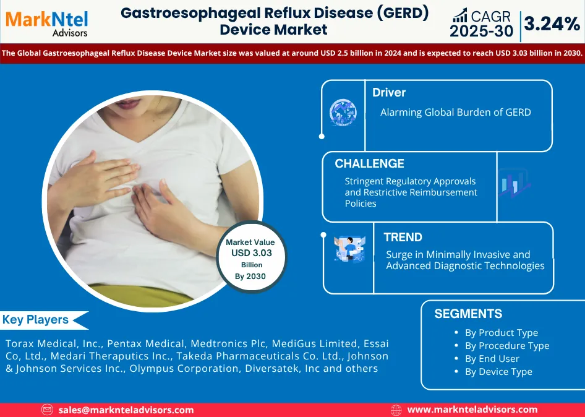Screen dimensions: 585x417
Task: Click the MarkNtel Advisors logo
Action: tap(46, 23)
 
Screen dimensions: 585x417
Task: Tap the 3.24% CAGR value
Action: tap(552, 24)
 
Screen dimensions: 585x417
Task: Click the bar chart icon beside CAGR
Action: tap(460, 15)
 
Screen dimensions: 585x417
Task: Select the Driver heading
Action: tap(389, 92)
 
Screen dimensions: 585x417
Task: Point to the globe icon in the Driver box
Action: tap(343, 113)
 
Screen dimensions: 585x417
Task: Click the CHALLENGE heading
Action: tap(369, 163)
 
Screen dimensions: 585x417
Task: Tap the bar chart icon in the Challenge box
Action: tap(515, 183)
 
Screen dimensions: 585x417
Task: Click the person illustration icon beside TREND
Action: tap(349, 249)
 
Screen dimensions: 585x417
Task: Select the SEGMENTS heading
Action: tap(468, 314)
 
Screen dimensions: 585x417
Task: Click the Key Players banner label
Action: tap(35, 320)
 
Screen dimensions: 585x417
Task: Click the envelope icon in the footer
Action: tap(47, 410)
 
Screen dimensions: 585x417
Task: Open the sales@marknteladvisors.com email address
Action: tap(126, 410)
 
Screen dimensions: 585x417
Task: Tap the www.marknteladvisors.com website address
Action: tap(472, 410)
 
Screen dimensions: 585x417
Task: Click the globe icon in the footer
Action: tap(396, 410)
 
